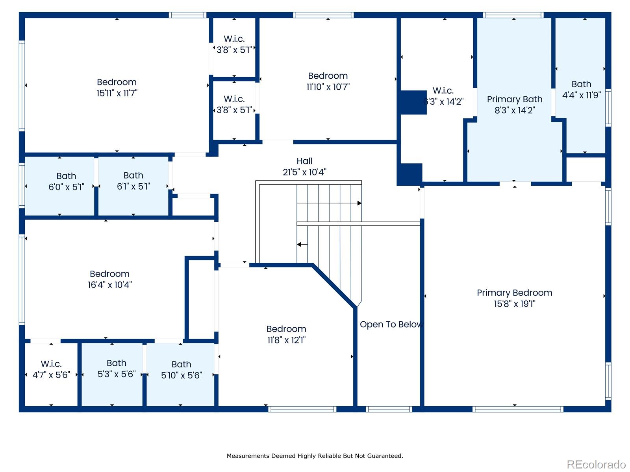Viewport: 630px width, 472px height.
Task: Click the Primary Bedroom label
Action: pyautogui.click(x=514, y=293)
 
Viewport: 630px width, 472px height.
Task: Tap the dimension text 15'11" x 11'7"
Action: pyautogui.click(x=117, y=93)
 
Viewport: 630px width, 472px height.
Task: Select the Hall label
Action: pyautogui.click(x=304, y=161)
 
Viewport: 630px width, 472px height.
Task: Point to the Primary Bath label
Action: pyautogui.click(x=514, y=99)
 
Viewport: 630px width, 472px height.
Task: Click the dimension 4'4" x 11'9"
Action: pyautogui.click(x=581, y=95)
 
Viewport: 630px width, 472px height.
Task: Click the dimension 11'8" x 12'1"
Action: pyautogui.click(x=286, y=340)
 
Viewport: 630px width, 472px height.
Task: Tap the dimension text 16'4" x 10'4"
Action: pyautogui.click(x=109, y=285)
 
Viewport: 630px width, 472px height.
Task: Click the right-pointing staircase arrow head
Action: pyautogui.click(x=359, y=203)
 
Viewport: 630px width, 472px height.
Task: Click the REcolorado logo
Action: pyautogui.click(x=596, y=465)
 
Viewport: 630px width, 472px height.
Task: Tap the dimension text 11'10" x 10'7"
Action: pyautogui.click(x=328, y=87)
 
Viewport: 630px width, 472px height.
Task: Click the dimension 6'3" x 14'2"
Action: pyautogui.click(x=443, y=102)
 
